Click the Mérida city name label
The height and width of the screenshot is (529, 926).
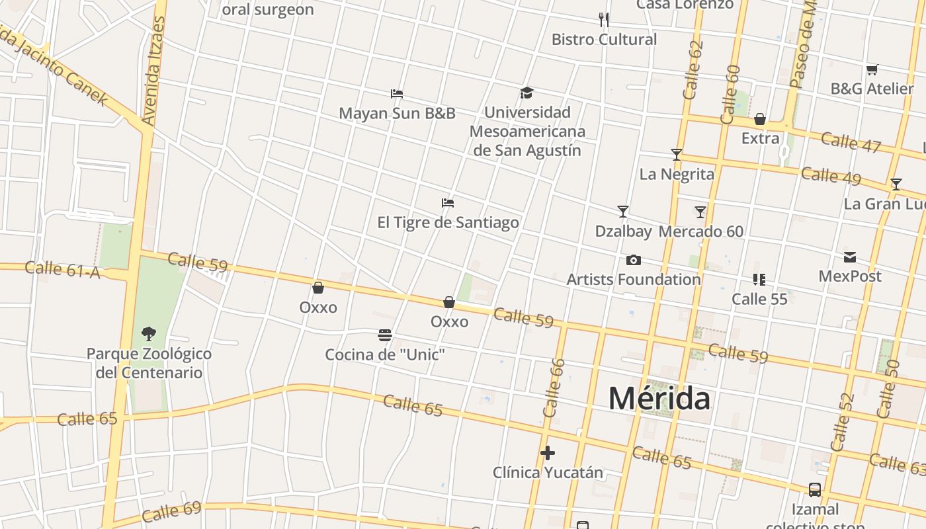[659, 399]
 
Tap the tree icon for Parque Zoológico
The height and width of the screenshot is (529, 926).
[149, 334]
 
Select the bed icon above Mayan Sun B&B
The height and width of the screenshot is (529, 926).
[397, 94]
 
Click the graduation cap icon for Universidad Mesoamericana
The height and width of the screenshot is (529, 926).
[526, 93]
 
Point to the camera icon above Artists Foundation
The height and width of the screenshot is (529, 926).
[633, 260]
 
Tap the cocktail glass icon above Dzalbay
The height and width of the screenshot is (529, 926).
[622, 212]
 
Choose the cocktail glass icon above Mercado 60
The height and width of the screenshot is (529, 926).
[700, 212]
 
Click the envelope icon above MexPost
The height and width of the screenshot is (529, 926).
[850, 257]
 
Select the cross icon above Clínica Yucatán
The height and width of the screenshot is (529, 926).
[548, 453]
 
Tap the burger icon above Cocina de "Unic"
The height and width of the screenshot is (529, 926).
[385, 335]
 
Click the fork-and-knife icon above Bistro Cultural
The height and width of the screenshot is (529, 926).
[604, 19]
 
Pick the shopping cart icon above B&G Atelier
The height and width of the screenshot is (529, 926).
[872, 69]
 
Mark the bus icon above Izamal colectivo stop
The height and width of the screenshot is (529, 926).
[815, 490]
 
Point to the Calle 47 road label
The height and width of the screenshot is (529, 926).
[851, 142]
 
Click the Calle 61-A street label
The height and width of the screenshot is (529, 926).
[63, 269]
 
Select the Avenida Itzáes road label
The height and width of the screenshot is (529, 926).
[153, 71]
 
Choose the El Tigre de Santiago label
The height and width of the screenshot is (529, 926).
[448, 222]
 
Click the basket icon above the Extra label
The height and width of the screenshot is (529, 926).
[760, 120]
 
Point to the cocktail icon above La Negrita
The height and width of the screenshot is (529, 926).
[676, 155]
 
